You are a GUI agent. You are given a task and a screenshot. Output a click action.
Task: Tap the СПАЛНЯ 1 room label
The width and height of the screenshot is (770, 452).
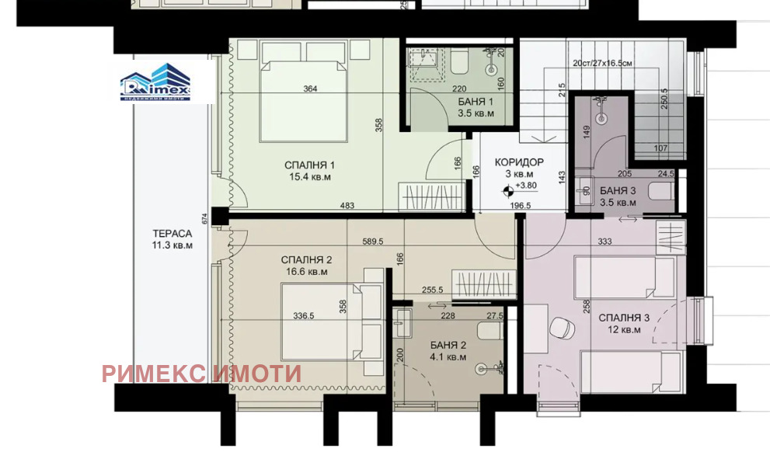pyautogui.click(x=310, y=165)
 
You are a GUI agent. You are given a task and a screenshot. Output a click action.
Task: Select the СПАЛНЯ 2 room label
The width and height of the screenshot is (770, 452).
pyautogui.click(x=306, y=259)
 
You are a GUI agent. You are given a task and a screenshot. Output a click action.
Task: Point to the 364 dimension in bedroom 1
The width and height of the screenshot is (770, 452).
pyautogui.click(x=310, y=89)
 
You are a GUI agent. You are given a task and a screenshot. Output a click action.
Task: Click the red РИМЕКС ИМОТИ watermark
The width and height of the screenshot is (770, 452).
pyautogui.click(x=200, y=373)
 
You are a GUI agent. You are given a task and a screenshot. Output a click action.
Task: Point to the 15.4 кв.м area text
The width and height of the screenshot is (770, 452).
pyautogui.click(x=310, y=177)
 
